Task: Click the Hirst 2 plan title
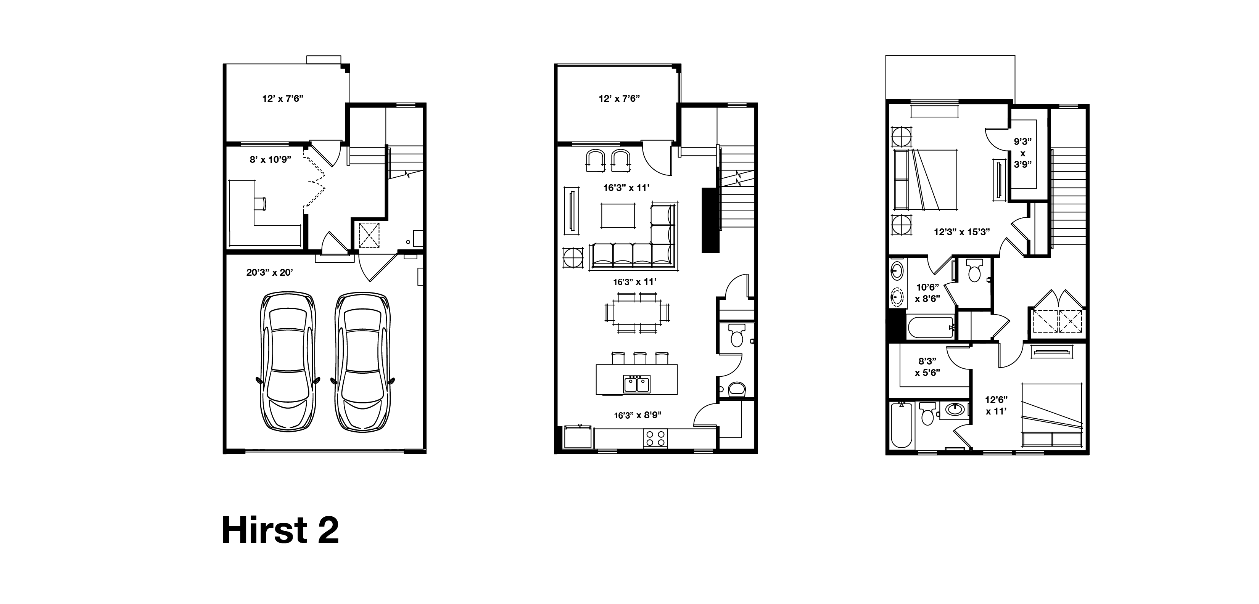(280, 530)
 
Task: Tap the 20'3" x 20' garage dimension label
(269, 273)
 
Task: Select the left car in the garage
(287, 361)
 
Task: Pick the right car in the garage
(362, 361)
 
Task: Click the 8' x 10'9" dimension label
(270, 159)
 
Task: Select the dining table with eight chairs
(637, 313)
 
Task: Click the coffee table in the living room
(618, 215)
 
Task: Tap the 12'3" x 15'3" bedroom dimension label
(962, 232)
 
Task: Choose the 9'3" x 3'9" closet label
(1022, 153)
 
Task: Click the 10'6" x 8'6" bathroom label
(927, 293)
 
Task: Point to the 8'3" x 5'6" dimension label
(927, 366)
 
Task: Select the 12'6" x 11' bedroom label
(996, 405)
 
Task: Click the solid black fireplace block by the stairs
(711, 220)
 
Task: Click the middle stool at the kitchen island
(640, 358)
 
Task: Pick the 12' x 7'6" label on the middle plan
(619, 99)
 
